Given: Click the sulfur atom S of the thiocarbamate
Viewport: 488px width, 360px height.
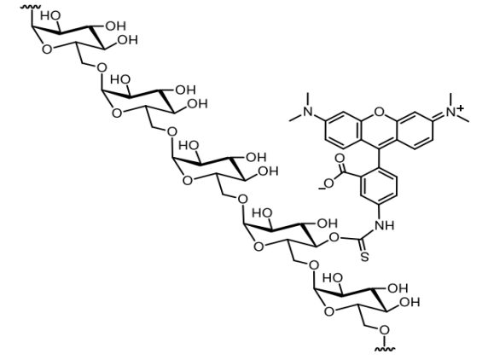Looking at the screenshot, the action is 364,257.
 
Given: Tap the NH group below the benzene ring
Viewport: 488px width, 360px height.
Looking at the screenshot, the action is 385,224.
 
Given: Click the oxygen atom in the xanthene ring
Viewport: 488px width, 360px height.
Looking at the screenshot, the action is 379,111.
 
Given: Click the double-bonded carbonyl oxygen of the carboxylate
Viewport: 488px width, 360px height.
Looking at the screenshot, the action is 340,158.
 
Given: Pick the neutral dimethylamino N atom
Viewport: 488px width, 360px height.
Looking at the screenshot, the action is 308,112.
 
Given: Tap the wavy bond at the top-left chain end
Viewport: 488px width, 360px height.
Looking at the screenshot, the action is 31,7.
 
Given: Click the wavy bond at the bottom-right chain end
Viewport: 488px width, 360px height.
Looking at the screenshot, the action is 385,349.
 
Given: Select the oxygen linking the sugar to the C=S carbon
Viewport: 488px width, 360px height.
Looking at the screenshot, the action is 334,238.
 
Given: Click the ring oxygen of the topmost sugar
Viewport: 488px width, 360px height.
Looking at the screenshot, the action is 46,49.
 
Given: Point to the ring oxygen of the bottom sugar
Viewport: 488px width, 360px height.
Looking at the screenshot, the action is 328,311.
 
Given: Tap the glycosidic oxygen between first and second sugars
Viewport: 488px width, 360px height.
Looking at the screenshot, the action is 102,67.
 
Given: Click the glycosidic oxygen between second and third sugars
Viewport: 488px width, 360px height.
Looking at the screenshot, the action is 171,131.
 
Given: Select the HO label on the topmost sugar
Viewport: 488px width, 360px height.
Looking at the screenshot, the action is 50,15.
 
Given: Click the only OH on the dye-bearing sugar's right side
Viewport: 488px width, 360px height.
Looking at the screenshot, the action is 327,224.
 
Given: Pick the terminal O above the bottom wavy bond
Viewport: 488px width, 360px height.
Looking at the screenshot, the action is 385,330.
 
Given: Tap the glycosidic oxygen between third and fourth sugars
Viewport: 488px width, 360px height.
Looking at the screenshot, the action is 242,199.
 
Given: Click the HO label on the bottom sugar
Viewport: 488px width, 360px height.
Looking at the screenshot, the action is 333,278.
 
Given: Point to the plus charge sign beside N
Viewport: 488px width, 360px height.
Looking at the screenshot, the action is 461,107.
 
